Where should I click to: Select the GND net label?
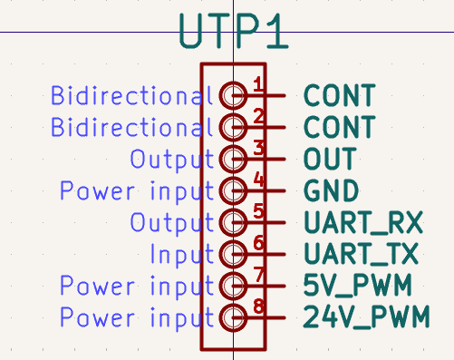332,191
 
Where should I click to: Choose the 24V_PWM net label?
365,318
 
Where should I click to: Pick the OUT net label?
330,160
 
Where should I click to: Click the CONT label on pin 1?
339,95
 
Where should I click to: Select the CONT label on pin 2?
339,127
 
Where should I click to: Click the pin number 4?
258,180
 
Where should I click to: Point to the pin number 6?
258,243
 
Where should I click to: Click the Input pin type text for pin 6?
181,255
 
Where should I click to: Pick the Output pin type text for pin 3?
171,160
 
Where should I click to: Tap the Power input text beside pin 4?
137,191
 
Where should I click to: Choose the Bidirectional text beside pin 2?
132,127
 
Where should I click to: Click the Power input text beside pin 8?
137,318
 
